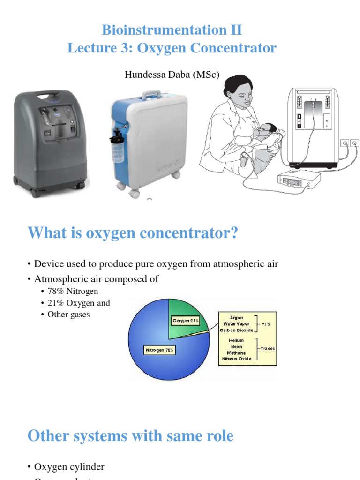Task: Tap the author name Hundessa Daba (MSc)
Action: point(172,75)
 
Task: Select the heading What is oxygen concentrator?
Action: point(133,233)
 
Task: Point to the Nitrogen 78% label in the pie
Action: point(159,350)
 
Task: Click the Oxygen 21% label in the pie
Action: point(186,321)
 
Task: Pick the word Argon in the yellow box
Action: point(236,317)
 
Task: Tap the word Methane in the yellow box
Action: point(236,352)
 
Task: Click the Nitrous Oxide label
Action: point(236,359)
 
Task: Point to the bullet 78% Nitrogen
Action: point(73,292)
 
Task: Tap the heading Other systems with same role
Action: point(130,436)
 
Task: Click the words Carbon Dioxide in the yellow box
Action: point(236,330)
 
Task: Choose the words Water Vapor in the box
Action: point(236,323)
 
